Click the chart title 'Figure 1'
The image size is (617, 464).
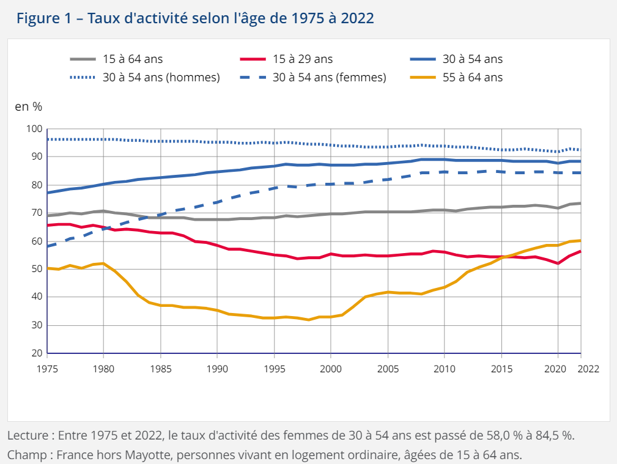point(49,18)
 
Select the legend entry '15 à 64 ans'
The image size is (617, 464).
point(132,59)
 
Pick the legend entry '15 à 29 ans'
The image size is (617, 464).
point(302,59)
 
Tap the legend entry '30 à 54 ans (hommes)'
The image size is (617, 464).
point(161,78)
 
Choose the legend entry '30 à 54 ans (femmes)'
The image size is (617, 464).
point(329,78)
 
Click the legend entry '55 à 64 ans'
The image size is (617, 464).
point(473,78)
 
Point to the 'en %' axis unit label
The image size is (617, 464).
point(28,106)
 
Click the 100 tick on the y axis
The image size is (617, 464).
point(34,129)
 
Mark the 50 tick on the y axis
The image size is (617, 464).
point(37,269)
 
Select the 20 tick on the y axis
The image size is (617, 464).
point(37,353)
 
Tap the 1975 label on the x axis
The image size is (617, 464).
point(47,369)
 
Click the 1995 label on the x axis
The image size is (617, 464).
point(275,369)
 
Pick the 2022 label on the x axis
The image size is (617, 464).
point(588,369)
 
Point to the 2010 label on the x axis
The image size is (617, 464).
point(445,369)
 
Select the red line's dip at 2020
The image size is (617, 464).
point(558,263)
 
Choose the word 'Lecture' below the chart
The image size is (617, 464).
point(27,436)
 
